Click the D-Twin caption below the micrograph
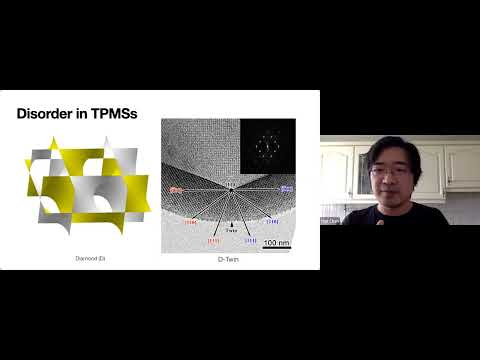(x=229, y=259)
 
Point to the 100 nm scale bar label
(x=276, y=242)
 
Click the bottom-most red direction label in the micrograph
(x=212, y=241)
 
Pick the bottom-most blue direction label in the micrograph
(x=251, y=241)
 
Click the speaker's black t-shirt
(x=400, y=215)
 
